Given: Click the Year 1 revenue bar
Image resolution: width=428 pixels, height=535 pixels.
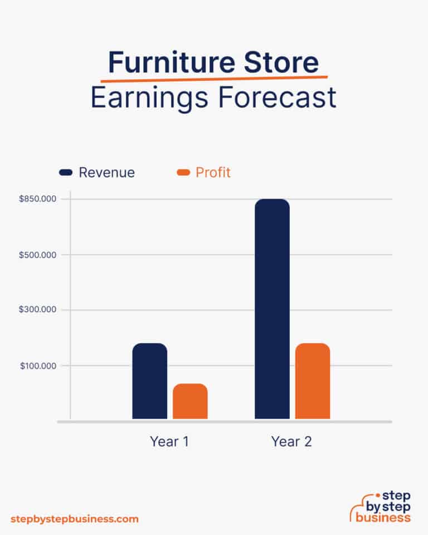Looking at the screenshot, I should [x=149, y=381].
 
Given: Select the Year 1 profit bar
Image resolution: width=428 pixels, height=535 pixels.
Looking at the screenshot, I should [x=190, y=401].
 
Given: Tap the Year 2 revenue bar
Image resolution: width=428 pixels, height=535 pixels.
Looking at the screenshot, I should [x=272, y=309].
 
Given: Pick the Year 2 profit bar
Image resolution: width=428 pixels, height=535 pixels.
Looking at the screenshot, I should [x=313, y=381].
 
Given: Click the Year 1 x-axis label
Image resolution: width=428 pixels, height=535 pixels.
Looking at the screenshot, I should [x=169, y=442].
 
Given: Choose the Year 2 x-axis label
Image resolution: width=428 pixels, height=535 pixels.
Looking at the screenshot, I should [x=291, y=442].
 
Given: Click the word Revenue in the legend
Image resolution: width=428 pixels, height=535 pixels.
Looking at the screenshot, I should [x=106, y=173].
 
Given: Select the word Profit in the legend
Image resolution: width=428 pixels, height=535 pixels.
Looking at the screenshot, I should [x=213, y=173].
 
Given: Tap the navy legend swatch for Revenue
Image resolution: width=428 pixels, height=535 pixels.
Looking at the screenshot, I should [x=66, y=173].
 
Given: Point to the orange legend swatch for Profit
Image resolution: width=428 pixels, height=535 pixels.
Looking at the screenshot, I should [x=183, y=173].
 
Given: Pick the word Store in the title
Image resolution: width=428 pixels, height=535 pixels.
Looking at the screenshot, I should [x=284, y=62].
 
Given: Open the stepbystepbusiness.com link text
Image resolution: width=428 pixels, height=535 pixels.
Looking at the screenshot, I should [x=74, y=519].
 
